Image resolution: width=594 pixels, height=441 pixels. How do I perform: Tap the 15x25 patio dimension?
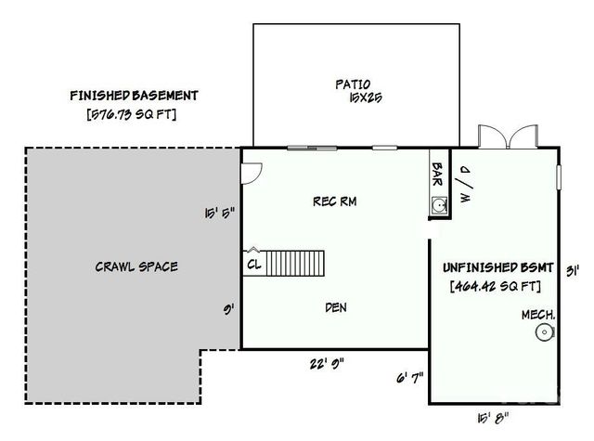click(355, 97)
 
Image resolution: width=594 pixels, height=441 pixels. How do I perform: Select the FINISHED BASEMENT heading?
click(134, 95)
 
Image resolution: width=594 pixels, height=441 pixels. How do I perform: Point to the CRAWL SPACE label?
click(136, 266)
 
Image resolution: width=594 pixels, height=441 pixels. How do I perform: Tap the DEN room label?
click(336, 307)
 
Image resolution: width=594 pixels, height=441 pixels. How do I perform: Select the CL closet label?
click(253, 264)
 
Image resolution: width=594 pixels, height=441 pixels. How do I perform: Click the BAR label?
click(438, 174)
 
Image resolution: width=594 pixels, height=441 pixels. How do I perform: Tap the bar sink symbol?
click(439, 206)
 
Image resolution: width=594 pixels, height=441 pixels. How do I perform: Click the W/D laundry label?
click(465, 185)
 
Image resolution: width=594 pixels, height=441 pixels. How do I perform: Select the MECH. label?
click(538, 316)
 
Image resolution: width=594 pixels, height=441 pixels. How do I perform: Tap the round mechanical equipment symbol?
click(542, 333)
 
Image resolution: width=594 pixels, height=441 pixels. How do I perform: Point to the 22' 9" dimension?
click(326, 363)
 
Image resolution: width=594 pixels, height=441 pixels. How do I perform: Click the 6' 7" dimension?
click(408, 377)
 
